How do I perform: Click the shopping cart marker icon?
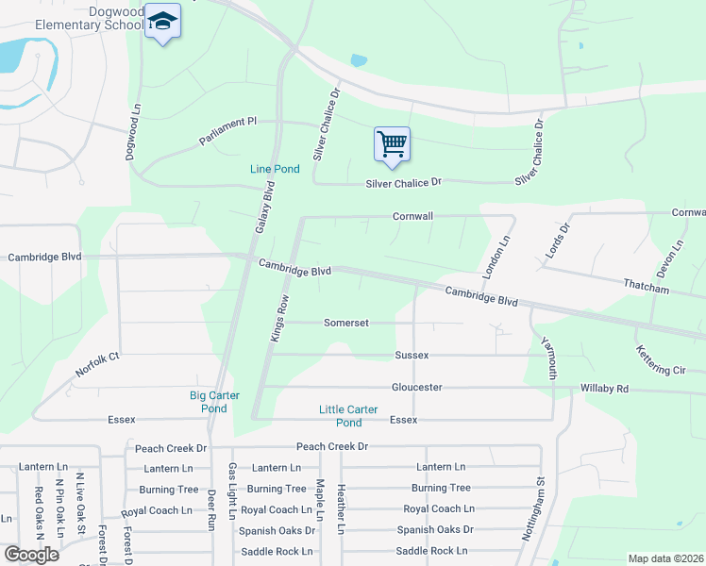pos(392,144)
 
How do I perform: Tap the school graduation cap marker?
pos(163,23)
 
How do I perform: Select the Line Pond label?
pos(275,169)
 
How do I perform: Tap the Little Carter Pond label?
pos(348,416)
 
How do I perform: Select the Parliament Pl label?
pos(227,132)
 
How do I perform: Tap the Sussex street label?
pos(412,356)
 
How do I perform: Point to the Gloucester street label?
pos(417,388)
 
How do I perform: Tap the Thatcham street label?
pos(646,284)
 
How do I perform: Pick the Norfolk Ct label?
pos(98,364)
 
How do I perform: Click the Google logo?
pos(31,555)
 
